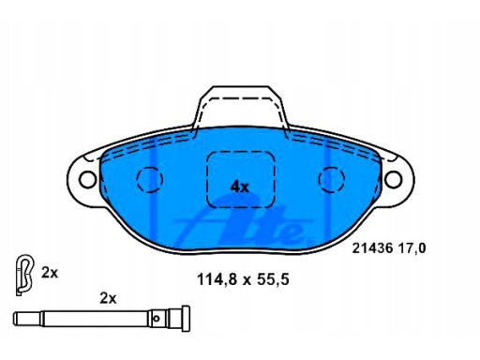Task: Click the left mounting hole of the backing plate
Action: [88, 180]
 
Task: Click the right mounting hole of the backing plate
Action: [393, 179]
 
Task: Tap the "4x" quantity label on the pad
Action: [239, 187]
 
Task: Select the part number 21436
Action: [372, 248]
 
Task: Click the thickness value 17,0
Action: [412, 248]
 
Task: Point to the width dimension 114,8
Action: [217, 279]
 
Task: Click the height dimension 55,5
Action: [273, 279]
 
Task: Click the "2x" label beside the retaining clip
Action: [50, 273]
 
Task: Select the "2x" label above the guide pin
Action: [108, 298]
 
